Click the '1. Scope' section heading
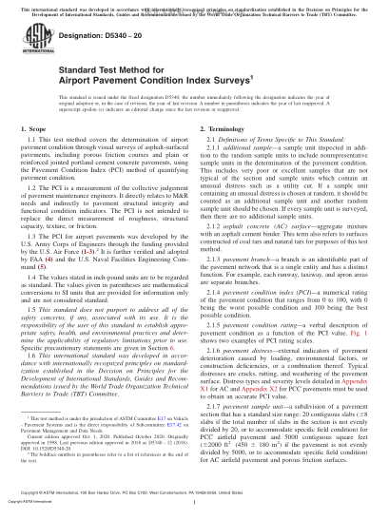point(37,153)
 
